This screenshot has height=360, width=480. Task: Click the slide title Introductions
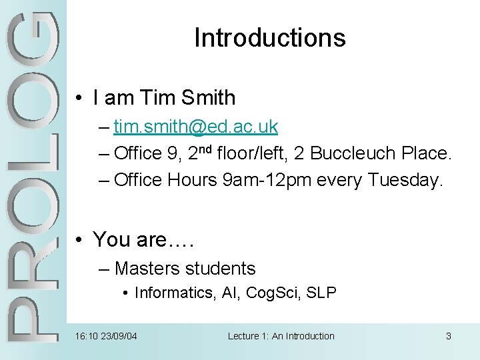(x=270, y=37)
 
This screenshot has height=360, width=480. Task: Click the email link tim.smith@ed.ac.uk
(x=195, y=126)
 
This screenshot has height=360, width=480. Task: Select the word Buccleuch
(x=357, y=153)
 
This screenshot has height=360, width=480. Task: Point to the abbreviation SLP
(x=321, y=293)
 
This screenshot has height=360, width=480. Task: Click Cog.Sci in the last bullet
(x=273, y=293)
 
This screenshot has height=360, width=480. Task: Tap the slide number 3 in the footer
(x=449, y=336)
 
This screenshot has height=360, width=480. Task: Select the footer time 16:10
(x=86, y=336)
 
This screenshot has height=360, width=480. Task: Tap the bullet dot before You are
(x=79, y=239)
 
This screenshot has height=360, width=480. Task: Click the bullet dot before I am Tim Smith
(x=79, y=99)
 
